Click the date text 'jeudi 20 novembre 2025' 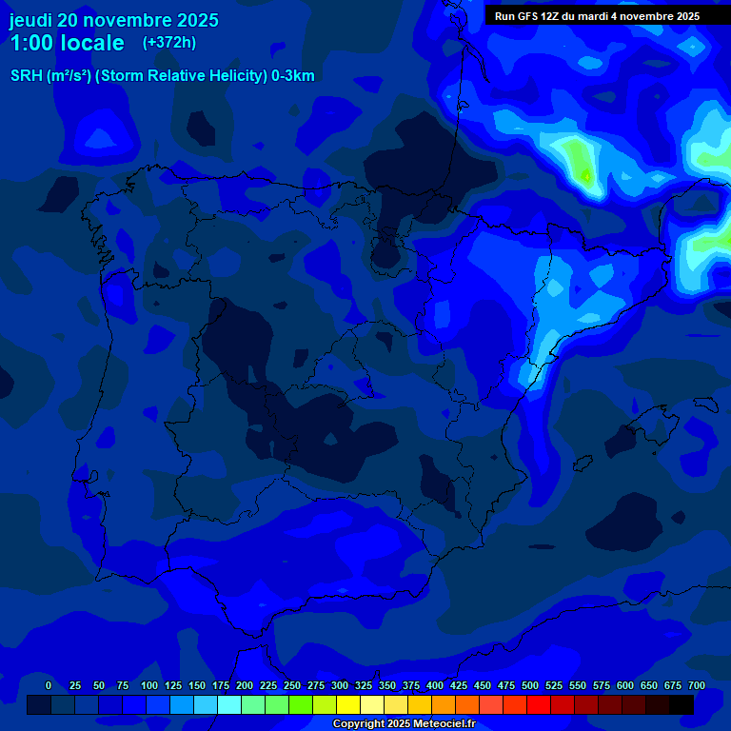(114, 20)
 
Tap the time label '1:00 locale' (67, 43)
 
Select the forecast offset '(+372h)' (168, 43)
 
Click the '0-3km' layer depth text (293, 76)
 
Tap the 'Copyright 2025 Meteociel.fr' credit (404, 724)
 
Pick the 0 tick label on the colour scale (49, 685)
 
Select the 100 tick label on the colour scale (149, 685)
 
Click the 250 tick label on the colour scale (292, 685)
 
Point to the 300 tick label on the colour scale (340, 685)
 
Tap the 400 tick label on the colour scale (435, 685)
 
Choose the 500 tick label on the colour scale (530, 685)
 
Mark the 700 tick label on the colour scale (696, 685)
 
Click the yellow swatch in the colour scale (348, 705)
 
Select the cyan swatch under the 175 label (229, 705)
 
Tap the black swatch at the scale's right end (682, 705)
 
